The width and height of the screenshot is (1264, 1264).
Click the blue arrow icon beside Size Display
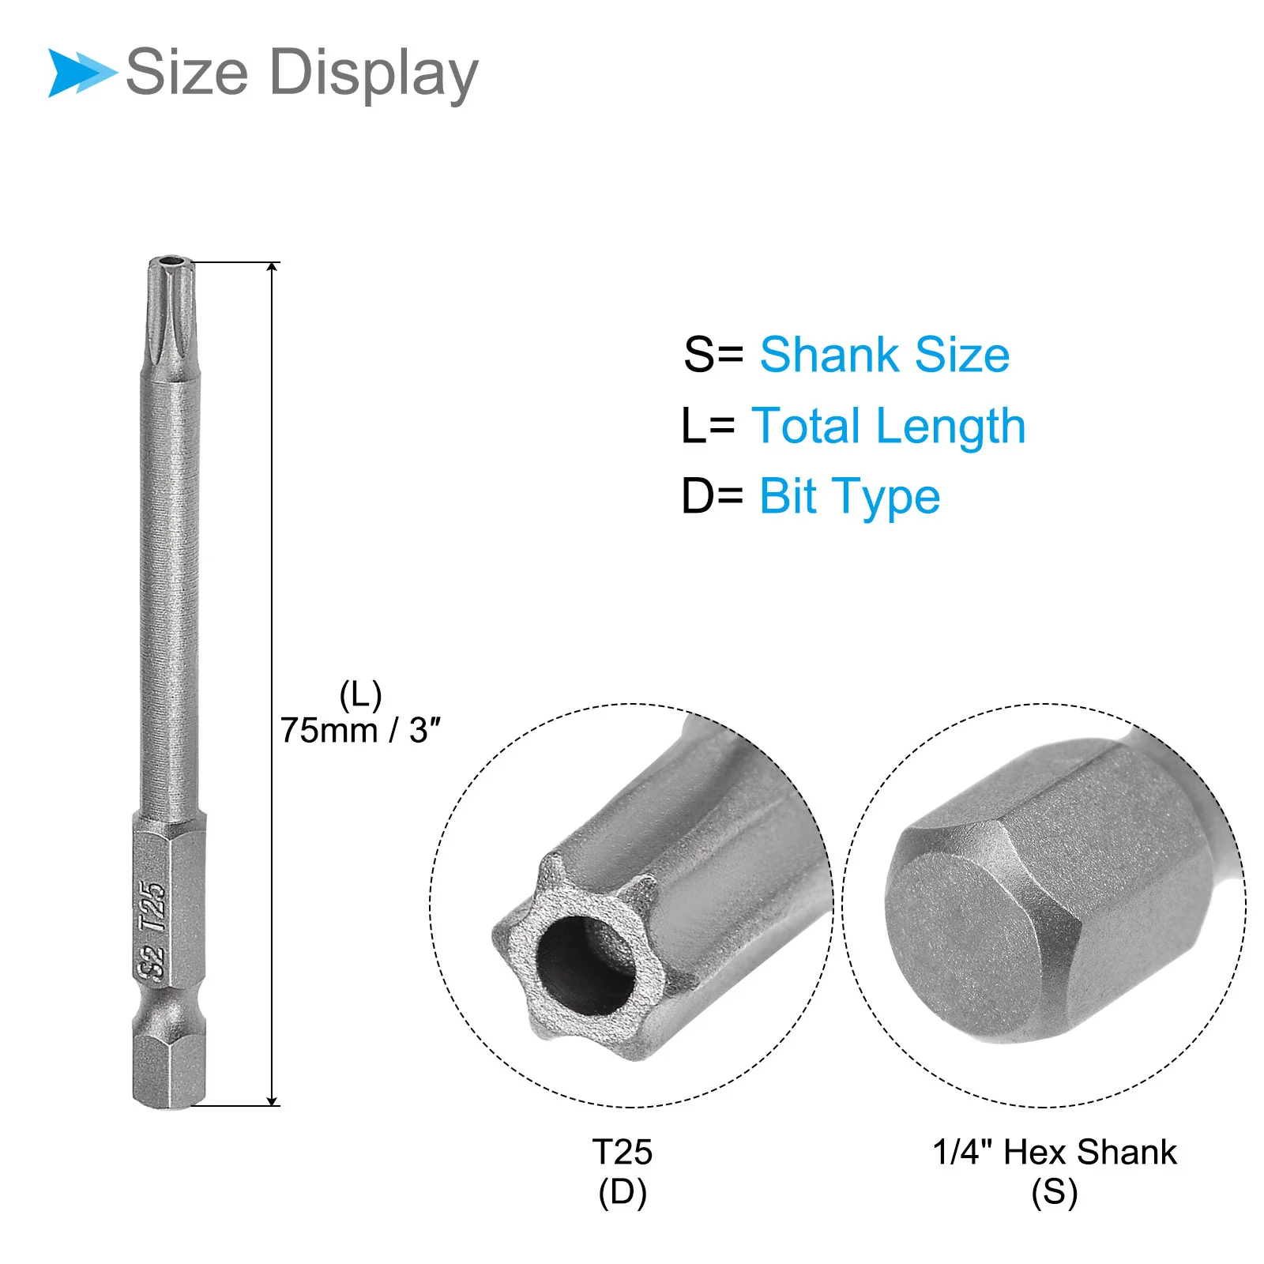click(81, 73)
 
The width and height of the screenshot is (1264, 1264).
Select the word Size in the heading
click(187, 72)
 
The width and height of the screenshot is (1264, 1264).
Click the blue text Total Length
click(889, 427)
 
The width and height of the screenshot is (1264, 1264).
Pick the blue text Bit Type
click(850, 498)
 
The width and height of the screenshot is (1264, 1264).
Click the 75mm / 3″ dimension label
click(360, 730)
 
